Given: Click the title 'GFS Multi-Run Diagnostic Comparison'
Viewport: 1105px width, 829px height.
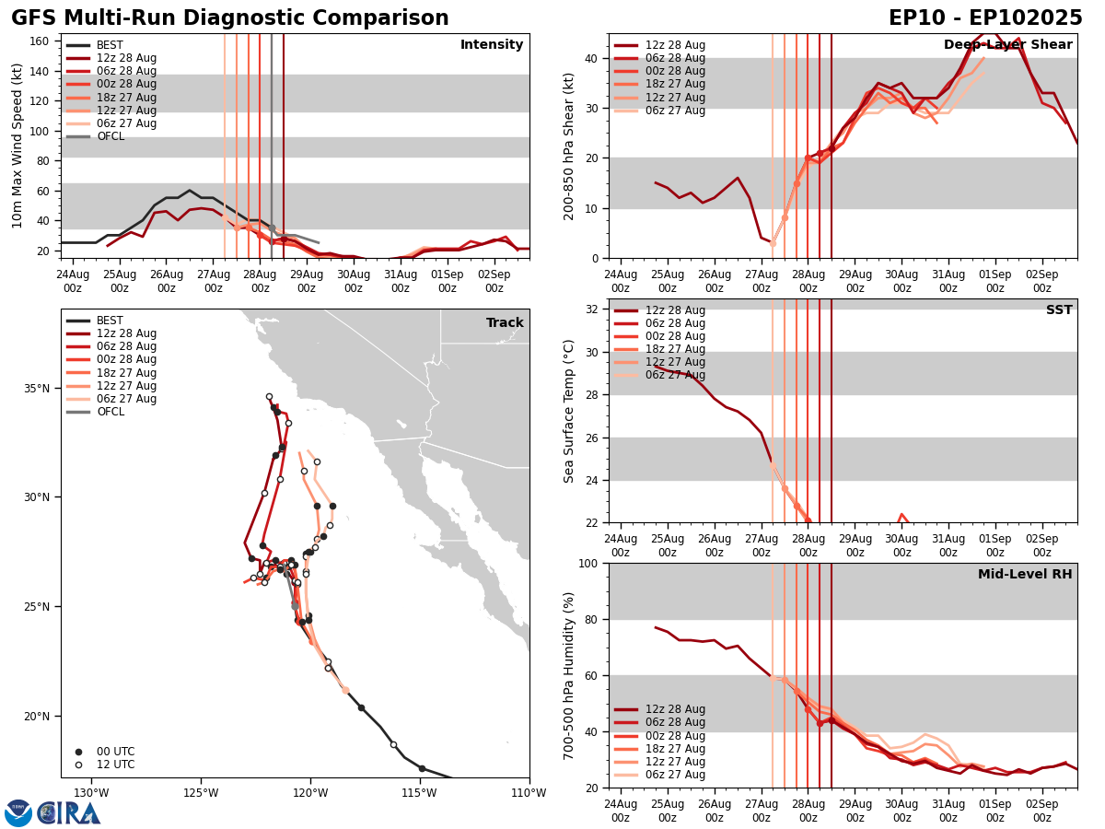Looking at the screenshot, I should pos(230,18).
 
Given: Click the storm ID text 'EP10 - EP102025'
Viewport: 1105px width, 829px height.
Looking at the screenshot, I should pos(985,18).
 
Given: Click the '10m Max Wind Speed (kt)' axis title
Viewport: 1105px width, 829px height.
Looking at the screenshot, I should pos(17,146).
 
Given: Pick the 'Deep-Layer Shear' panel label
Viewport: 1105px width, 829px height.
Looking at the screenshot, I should pos(1007,45).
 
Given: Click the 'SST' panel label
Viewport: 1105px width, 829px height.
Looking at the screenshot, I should pos(1058,310).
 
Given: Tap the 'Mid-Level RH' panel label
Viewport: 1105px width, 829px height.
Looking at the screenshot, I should pos(1025,575).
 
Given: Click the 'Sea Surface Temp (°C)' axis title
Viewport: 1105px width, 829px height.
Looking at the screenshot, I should pos(569,411).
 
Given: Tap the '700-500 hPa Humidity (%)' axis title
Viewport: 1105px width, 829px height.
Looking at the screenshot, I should pos(569,675).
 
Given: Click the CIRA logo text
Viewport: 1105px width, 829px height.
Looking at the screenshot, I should pos(69,812).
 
